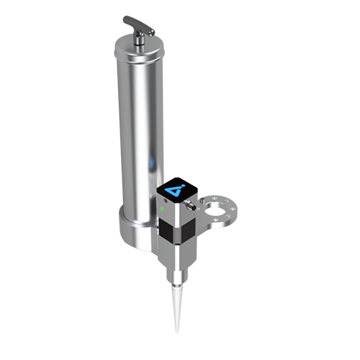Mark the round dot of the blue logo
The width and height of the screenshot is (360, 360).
click(181, 185)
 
